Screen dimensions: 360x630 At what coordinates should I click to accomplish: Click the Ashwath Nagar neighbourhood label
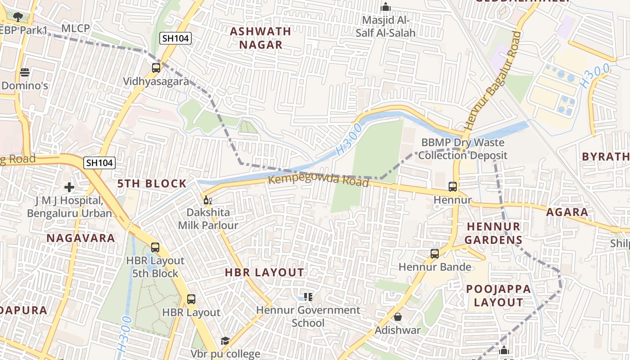coord(261,38)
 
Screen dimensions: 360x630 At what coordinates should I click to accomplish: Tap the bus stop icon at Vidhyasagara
coord(156,68)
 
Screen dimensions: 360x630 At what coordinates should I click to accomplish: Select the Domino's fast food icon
coord(25,72)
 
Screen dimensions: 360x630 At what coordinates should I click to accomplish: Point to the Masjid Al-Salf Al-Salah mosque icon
coord(386,7)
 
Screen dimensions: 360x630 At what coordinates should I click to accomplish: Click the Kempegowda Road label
coord(319,180)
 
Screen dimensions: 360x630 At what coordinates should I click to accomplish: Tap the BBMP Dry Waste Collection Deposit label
coord(463,149)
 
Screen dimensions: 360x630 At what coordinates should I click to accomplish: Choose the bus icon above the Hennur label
coord(453,187)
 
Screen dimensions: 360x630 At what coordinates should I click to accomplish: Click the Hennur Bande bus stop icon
coord(435,254)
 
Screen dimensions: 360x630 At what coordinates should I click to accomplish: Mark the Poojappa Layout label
coord(498,296)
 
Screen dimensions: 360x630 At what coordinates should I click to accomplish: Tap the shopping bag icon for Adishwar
coord(398,317)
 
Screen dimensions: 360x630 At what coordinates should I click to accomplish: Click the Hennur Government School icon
coord(308,297)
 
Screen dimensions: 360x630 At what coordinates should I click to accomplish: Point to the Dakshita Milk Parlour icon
coord(207,200)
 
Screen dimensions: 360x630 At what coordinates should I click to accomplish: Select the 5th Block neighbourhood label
coord(152,184)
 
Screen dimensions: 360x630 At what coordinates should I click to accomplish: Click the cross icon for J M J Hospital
coord(69,187)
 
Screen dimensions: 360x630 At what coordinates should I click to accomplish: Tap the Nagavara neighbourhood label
coord(81,238)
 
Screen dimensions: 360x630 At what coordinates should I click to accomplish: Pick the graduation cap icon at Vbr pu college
coord(225,341)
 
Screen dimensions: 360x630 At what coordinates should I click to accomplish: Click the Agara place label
coord(567,212)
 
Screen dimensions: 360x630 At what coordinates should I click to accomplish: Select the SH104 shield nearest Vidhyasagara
coord(176,39)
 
